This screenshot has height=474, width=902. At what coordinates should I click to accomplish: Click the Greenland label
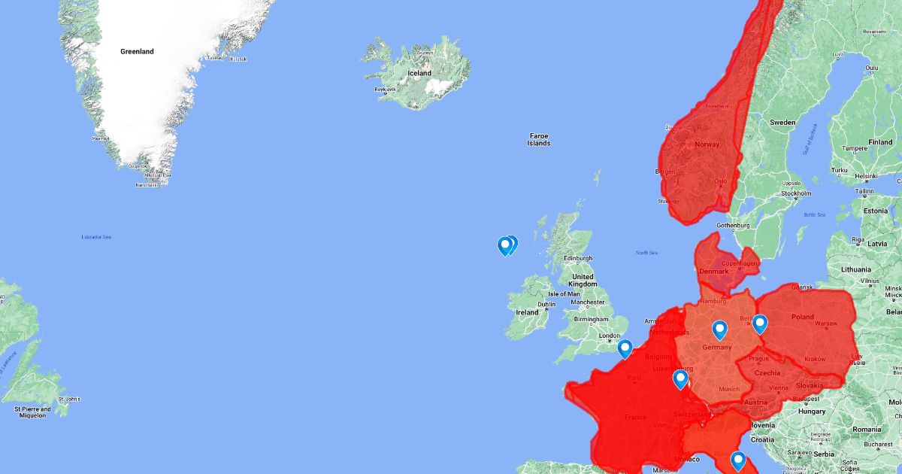click(137, 52)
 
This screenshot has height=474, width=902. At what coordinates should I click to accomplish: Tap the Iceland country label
click(419, 73)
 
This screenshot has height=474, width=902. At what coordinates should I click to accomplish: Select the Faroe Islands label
click(539, 139)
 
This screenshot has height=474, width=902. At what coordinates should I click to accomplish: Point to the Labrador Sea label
click(96, 237)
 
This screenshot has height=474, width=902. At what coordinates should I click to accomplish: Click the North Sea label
click(646, 253)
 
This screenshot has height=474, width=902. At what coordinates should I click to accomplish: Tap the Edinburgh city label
click(578, 259)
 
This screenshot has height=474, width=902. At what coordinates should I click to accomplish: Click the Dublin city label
click(546, 305)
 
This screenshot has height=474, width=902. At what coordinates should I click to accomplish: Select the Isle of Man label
click(564, 294)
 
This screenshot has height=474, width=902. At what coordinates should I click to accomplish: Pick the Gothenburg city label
click(734, 225)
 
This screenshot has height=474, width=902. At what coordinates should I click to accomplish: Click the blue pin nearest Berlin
click(760, 324)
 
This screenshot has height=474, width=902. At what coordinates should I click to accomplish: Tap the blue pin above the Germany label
click(719, 330)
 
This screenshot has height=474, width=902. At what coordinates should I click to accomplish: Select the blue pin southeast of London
click(625, 348)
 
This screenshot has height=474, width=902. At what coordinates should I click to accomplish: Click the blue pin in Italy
click(737, 460)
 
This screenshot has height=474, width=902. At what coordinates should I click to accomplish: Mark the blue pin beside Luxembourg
click(680, 378)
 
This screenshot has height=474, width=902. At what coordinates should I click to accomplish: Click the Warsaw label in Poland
click(826, 324)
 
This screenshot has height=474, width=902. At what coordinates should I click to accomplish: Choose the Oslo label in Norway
click(721, 181)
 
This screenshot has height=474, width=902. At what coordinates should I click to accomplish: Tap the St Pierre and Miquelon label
click(33, 412)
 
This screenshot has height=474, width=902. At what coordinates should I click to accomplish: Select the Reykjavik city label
click(385, 89)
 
